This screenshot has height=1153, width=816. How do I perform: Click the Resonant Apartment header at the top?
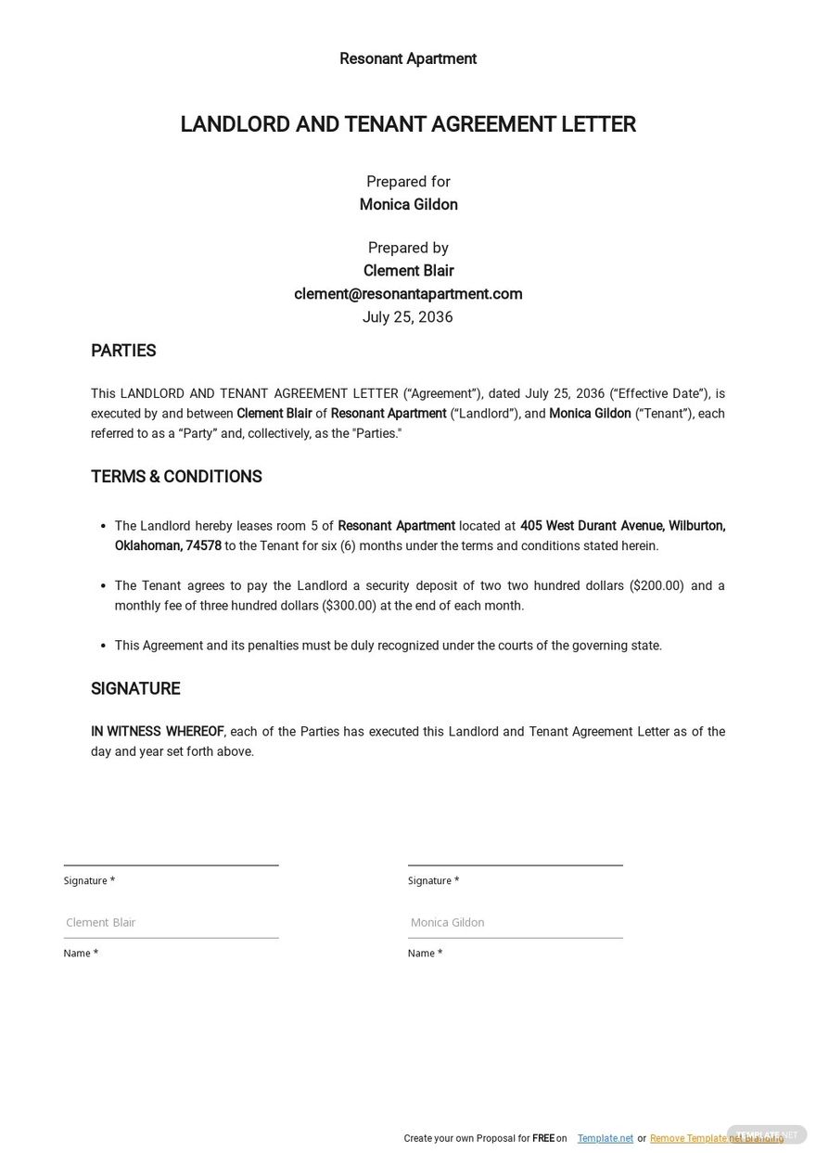click(x=408, y=58)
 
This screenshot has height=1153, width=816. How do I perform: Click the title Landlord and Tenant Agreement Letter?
click(x=408, y=124)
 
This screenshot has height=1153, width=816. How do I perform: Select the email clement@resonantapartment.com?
click(x=408, y=294)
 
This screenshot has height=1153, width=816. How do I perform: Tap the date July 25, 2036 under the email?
click(x=408, y=317)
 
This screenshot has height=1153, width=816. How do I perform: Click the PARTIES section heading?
click(x=123, y=351)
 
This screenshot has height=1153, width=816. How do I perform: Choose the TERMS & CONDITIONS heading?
click(x=176, y=477)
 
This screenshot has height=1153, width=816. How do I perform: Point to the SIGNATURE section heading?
click(x=135, y=688)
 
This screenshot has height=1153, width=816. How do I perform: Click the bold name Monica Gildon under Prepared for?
click(x=408, y=205)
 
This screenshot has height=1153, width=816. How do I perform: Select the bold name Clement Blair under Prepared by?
click(x=408, y=271)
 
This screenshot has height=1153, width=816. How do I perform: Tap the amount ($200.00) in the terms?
click(x=657, y=585)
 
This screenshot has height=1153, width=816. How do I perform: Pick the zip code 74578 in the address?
click(x=204, y=545)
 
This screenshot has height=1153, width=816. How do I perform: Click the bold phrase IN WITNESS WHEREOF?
click(x=158, y=731)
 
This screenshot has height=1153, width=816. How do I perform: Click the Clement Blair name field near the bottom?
click(x=171, y=922)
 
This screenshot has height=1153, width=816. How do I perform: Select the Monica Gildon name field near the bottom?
click(x=515, y=922)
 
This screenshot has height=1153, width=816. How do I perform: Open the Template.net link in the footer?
click(x=605, y=1138)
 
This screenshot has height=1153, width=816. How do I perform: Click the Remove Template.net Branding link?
click(x=716, y=1138)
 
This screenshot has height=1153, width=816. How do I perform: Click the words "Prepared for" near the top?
click(x=408, y=182)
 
